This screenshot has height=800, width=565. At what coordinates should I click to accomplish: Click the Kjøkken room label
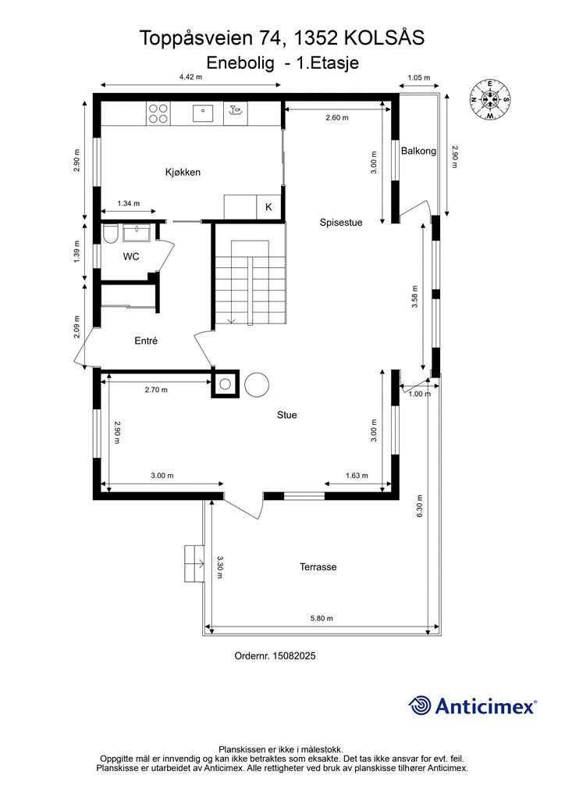183,172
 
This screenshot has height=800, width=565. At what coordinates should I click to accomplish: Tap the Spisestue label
341,223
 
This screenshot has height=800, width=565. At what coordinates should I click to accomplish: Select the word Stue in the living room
287,416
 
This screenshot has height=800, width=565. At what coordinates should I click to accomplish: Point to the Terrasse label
318,567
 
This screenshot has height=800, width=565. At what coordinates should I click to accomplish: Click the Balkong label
418,151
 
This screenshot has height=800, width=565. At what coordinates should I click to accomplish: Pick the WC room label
131,256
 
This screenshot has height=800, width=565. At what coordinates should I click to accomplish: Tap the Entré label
146,341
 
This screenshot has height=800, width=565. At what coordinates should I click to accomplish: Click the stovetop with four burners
158,113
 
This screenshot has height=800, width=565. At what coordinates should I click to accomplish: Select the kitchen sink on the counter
203,113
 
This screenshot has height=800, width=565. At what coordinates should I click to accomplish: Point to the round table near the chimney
257,384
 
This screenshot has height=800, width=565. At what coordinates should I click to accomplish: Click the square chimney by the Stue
226,384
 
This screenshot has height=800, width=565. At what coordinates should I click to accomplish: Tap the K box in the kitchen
268,207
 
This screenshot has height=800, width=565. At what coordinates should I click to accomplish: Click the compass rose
489,100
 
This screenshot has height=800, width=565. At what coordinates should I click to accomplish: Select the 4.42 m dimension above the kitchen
190,77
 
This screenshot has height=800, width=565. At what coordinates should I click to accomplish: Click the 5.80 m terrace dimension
322,619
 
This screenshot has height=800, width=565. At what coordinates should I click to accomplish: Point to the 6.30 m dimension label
420,506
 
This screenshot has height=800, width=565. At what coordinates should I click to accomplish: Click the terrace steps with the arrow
194,563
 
